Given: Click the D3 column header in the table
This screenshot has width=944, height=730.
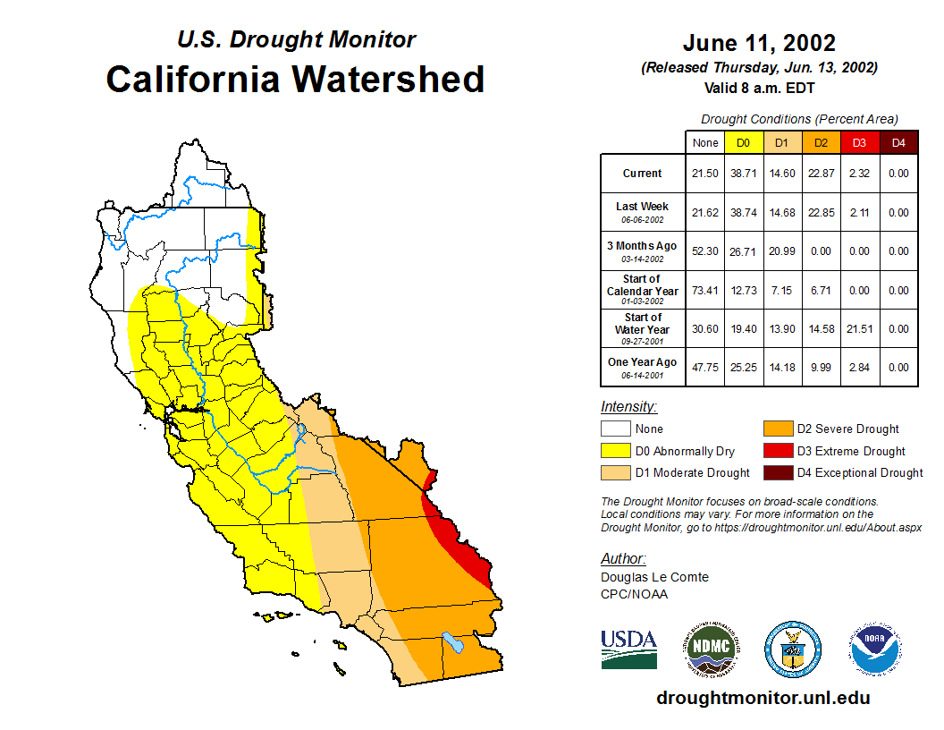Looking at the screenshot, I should pyautogui.click(x=859, y=142).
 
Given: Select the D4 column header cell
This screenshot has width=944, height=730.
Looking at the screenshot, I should pyautogui.click(x=898, y=142).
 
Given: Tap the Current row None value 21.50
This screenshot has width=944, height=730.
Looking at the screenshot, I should pyautogui.click(x=705, y=174).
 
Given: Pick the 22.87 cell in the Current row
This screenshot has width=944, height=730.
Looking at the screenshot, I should pyautogui.click(x=821, y=174).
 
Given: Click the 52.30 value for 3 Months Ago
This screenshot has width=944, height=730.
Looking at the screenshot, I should pyautogui.click(x=705, y=251).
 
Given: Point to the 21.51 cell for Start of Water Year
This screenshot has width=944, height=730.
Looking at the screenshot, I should pyautogui.click(x=859, y=329).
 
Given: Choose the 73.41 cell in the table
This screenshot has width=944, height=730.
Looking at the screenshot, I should pyautogui.click(x=705, y=291).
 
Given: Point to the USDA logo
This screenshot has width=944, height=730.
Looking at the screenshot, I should pyautogui.click(x=628, y=649).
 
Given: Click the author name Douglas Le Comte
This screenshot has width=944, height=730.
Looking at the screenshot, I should pyautogui.click(x=654, y=577).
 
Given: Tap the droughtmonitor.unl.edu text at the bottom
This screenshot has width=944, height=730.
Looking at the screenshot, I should pyautogui.click(x=763, y=698).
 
